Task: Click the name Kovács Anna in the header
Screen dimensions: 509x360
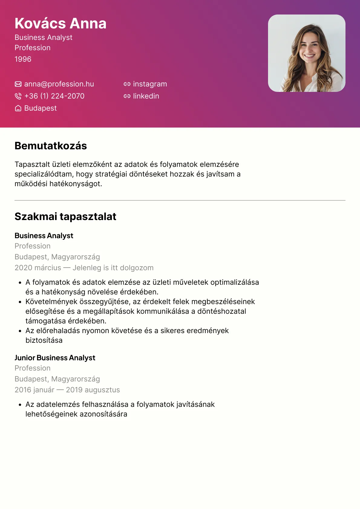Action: [x=61, y=24]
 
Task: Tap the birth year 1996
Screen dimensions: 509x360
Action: [x=23, y=59]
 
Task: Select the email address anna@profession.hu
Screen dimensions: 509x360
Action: [x=59, y=84]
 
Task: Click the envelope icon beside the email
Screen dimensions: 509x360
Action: [x=18, y=84]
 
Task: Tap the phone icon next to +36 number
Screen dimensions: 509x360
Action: [x=18, y=96]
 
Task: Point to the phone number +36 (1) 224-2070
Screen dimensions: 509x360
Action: [x=54, y=96]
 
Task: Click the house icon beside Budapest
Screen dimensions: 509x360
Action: [x=18, y=108]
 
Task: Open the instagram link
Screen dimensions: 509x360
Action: [x=150, y=84]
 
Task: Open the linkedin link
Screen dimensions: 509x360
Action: [x=146, y=96]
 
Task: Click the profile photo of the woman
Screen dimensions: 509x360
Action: [x=306, y=53]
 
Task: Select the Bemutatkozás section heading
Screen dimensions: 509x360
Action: [x=51, y=146]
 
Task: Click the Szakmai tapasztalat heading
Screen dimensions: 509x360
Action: [x=65, y=217]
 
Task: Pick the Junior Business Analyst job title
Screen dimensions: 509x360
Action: [x=55, y=358]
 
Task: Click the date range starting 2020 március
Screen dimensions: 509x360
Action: [x=84, y=268]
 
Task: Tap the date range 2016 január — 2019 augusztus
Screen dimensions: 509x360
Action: [x=67, y=390]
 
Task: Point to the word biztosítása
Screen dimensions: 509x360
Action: [x=44, y=340]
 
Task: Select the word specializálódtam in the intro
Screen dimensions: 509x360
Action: [x=44, y=174]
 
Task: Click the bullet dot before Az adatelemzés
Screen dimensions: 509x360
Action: [x=20, y=405]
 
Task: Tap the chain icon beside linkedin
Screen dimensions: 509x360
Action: [x=127, y=96]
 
